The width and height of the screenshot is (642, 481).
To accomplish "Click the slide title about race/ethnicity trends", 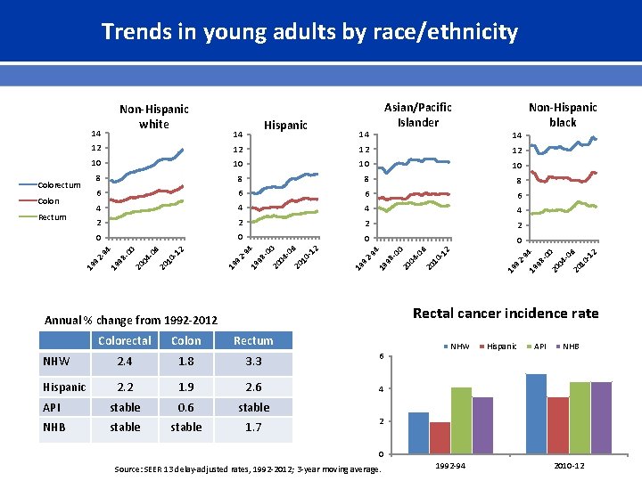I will pyautogui.click(x=309, y=33).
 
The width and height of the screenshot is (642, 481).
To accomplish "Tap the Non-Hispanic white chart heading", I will pyautogui.click(x=154, y=117).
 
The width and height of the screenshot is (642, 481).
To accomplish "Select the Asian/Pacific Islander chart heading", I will pyautogui.click(x=418, y=115).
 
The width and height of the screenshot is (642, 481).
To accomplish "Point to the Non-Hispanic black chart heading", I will pyautogui.click(x=563, y=115).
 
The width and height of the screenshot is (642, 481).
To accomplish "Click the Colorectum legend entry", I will pyautogui.click(x=59, y=185).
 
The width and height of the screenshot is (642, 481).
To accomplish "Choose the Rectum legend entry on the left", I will pyautogui.click(x=52, y=216).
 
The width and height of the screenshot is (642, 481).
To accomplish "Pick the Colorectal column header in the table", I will pyautogui.click(x=125, y=340).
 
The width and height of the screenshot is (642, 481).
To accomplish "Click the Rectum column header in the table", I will pyautogui.click(x=253, y=340).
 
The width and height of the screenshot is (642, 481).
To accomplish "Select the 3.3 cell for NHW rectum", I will pyautogui.click(x=253, y=363).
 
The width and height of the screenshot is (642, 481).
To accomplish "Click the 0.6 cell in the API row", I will pyautogui.click(x=185, y=407).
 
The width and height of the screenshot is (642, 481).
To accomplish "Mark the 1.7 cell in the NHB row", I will pyautogui.click(x=253, y=427).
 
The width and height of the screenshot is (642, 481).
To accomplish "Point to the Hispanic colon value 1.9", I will pyautogui.click(x=185, y=387).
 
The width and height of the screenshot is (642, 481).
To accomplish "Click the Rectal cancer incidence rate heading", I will pyautogui.click(x=506, y=314).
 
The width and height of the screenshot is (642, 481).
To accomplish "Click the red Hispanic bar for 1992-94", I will pyautogui.click(x=440, y=436).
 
